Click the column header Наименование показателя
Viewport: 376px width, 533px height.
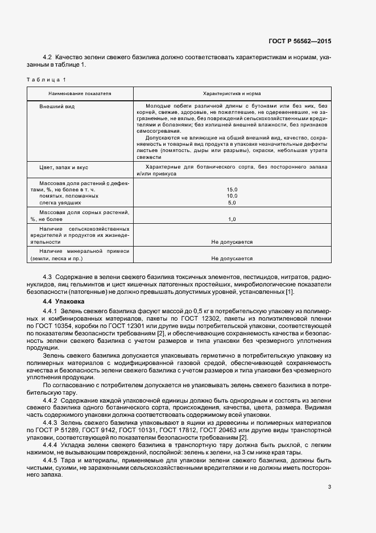[80, 93]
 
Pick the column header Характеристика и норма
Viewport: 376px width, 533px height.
[232, 93]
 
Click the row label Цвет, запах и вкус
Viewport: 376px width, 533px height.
[64, 168]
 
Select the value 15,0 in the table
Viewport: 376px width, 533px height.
[232, 189]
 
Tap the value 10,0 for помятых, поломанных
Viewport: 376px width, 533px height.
[232, 195]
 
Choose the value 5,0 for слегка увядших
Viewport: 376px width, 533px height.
[232, 202]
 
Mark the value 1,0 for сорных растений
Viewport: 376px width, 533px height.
[232, 219]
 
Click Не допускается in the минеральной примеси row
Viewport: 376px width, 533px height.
[232, 258]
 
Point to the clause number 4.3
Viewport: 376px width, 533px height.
[48, 277]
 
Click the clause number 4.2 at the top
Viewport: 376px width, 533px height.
[48, 58]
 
